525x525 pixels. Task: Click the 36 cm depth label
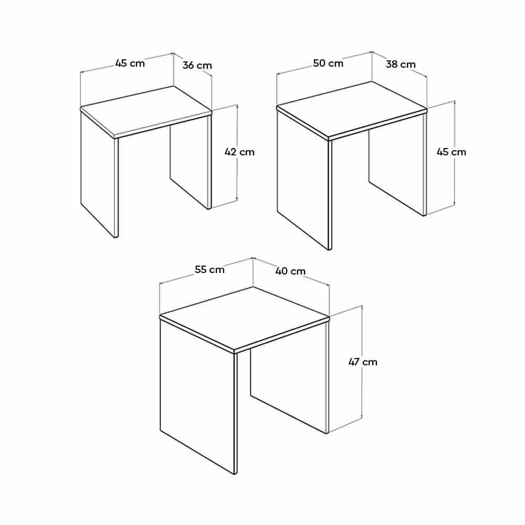[x=197, y=65]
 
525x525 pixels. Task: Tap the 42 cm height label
[x=239, y=152]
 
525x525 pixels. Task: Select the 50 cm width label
[x=328, y=64]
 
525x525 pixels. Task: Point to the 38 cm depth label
[x=401, y=64]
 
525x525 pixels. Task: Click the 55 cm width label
[x=209, y=269]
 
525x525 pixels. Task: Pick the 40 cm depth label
[x=290, y=271]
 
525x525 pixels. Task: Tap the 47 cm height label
[x=363, y=362]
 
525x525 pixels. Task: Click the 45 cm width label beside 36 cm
[x=130, y=63]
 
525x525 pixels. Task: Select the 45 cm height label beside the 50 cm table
[x=451, y=152]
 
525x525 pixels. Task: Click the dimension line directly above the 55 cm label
[x=206, y=270]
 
